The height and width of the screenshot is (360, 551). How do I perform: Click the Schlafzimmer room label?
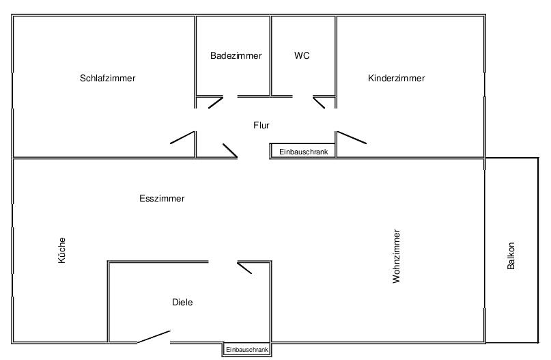[x=107, y=78]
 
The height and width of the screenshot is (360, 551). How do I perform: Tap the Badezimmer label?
[x=236, y=55]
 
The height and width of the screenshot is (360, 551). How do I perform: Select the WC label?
[x=302, y=55]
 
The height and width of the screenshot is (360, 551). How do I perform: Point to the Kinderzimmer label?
[x=397, y=78]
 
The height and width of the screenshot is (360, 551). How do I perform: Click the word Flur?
[x=261, y=125]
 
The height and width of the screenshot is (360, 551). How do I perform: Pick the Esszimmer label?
[x=162, y=198]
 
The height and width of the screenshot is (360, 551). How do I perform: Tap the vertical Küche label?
[x=62, y=250]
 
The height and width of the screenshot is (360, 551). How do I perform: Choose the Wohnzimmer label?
[x=397, y=256]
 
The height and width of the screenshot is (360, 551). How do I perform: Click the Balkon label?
[x=511, y=255]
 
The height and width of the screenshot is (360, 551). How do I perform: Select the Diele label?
[x=182, y=302]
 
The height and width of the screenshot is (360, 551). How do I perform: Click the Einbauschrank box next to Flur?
[x=303, y=151]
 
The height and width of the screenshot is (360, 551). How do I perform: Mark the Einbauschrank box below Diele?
[x=246, y=350]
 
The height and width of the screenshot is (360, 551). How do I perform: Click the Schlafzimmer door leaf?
[x=182, y=137]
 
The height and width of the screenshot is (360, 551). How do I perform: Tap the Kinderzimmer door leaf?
[x=352, y=137]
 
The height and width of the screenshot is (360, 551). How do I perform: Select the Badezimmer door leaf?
[x=216, y=102]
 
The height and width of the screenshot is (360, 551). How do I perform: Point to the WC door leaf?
[x=319, y=102]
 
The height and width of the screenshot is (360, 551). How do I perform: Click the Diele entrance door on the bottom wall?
[x=154, y=337]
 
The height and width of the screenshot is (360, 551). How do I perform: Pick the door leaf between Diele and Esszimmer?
[x=244, y=268]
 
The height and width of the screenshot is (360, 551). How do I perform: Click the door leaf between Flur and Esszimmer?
[x=230, y=150]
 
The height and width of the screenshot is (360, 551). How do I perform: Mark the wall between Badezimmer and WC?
[x=270, y=55]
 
